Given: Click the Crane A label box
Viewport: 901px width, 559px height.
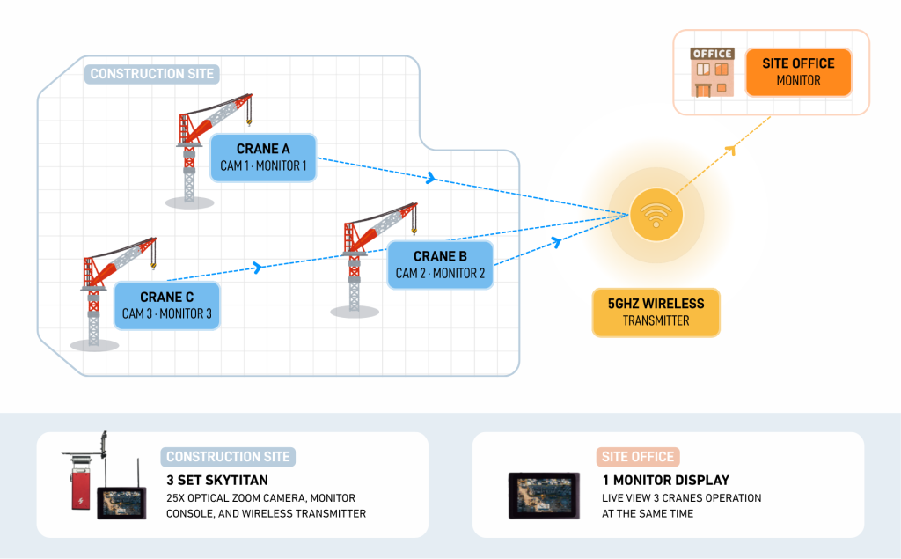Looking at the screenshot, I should click(263, 158).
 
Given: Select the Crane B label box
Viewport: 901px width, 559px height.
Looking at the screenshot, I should click(440, 264).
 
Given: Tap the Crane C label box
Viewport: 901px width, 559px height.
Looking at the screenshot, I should click(166, 305).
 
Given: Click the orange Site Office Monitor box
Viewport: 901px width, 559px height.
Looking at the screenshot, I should click(798, 71).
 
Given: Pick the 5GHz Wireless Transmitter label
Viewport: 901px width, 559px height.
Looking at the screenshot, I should click(656, 312).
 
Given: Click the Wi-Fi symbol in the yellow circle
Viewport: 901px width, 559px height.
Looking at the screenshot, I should click(656, 215).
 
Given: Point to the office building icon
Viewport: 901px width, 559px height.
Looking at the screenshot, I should click(711, 71).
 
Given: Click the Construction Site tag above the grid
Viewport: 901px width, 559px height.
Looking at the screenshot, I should click(152, 74).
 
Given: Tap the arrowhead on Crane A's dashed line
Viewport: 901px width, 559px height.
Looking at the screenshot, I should click(430, 179).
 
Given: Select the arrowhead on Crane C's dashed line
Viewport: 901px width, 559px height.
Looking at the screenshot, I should click(258, 267).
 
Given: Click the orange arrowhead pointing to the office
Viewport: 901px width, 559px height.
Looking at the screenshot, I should click(729, 152).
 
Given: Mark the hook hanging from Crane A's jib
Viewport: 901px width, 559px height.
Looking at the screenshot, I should click(249, 116).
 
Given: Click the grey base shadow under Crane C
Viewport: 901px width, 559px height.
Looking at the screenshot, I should click(94, 345).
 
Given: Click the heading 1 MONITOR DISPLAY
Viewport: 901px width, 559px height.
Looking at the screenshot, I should click(665, 481).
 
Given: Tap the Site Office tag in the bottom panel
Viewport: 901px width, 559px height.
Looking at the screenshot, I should click(638, 457).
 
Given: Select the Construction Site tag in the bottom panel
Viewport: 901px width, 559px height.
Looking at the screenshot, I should click(229, 457).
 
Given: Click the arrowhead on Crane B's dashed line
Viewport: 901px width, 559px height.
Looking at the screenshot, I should click(555, 240).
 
